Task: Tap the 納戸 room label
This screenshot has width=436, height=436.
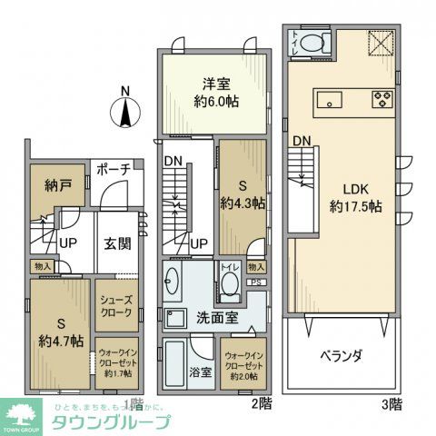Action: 45,188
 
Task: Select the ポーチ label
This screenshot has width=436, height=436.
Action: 113,170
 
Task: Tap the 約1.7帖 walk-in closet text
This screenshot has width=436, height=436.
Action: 118,373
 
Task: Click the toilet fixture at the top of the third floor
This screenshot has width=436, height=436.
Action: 312,41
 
